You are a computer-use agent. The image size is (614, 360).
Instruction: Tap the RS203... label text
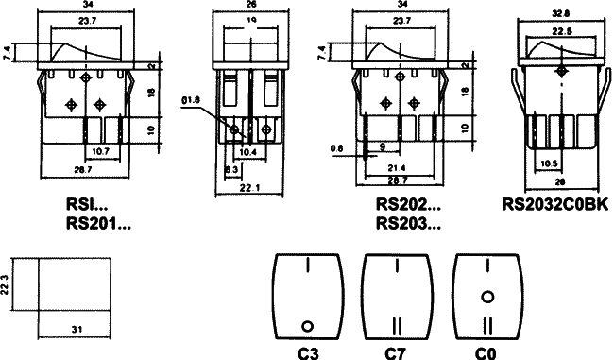pos(408,223)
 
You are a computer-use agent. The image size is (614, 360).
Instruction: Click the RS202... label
pos(408,203)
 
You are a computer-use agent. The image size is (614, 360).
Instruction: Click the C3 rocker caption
pos(306,353)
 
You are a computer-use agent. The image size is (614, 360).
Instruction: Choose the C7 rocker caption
pos(396,353)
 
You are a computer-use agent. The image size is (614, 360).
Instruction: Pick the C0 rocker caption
pos(486,353)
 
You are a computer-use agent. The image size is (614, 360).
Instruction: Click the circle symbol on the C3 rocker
pos(307,326)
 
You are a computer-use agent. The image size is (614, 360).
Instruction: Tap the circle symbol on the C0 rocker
pos(487,297)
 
